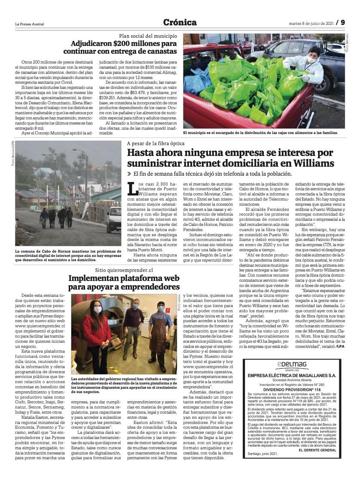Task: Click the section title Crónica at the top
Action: (180, 23)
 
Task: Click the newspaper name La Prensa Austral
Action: (30, 23)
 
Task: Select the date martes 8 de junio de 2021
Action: (310, 23)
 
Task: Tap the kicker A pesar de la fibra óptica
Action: (155, 143)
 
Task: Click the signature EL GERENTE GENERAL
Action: (317, 450)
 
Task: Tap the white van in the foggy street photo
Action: (114, 217)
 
